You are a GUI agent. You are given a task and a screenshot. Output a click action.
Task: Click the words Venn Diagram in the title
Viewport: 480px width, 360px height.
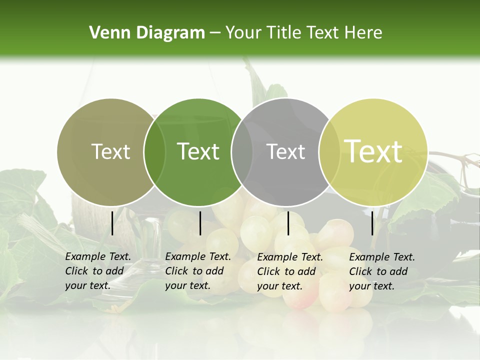146,33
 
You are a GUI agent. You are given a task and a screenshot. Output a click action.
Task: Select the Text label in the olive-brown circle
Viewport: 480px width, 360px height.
110,151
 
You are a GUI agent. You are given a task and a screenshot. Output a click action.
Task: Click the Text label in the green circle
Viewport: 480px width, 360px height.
198,151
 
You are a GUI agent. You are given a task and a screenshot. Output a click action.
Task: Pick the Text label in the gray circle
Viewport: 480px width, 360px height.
285,151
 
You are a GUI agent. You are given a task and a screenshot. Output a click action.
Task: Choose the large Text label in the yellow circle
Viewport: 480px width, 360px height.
373,151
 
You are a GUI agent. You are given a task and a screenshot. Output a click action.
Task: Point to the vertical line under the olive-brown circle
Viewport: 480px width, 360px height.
112,223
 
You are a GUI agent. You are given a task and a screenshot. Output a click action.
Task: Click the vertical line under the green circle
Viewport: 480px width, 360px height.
200,223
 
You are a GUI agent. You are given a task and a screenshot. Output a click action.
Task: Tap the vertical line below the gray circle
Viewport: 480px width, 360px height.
288,223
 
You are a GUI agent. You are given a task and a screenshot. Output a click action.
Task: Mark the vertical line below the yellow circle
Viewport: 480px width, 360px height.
372,223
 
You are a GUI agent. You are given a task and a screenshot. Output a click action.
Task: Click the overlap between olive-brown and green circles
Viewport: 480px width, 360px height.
154,152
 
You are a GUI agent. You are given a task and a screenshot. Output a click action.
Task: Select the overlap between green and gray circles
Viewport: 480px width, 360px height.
242,152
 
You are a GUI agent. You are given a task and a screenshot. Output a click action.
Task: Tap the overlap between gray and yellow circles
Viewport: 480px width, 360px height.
329,152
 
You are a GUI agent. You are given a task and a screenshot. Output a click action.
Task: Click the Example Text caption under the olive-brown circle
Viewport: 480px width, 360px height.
97,271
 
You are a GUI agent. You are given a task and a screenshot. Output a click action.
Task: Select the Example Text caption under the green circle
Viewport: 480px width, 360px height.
197,271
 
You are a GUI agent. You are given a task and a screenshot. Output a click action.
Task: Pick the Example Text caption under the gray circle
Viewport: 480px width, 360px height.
289,271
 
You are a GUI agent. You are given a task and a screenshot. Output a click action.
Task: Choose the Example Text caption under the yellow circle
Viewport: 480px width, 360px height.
381,271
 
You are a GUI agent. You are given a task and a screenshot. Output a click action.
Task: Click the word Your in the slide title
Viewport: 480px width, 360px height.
242,33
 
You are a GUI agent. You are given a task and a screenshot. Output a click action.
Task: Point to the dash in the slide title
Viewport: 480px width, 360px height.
215,33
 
